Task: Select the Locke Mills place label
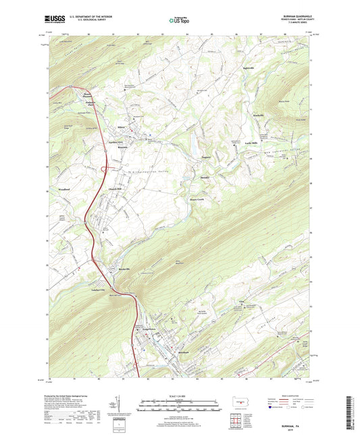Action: click(251, 145)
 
